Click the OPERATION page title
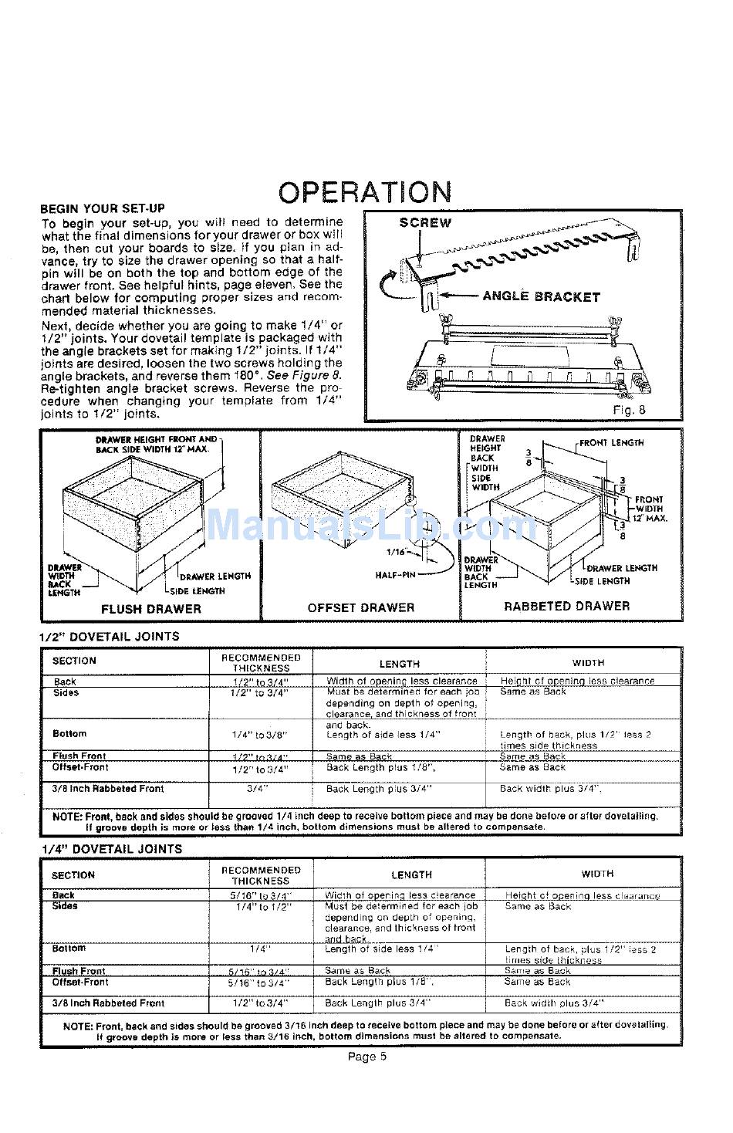pos(365,192)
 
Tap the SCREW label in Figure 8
pos(425,223)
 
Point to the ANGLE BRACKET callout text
pos(541,296)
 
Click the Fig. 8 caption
pos(629,410)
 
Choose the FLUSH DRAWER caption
pos(151,609)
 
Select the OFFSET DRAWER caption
pos(361,608)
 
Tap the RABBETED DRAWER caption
pos(566,607)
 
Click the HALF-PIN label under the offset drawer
pos(396,575)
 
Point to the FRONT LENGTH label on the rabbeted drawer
pos(612,443)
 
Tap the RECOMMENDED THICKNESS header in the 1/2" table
pos(261,663)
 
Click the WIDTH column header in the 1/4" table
pos(597,874)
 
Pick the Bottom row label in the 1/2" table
pos(69,734)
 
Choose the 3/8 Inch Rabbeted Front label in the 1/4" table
pos(108,1003)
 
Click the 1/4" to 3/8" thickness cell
pos(260,735)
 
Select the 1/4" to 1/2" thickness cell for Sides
pos(262,908)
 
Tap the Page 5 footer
pos(366,1057)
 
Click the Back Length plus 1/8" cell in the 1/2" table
pos(380,769)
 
